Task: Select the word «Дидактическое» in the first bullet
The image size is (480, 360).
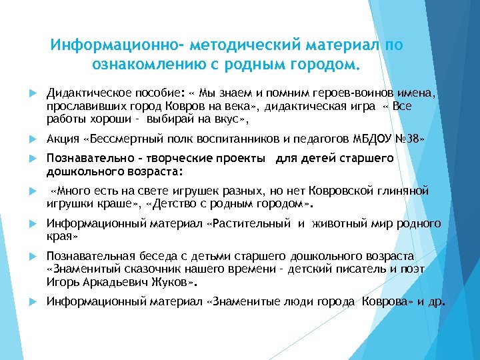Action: coord(83,94)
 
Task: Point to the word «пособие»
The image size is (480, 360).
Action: coord(154,94)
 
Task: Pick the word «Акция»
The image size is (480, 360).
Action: coord(63,140)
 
